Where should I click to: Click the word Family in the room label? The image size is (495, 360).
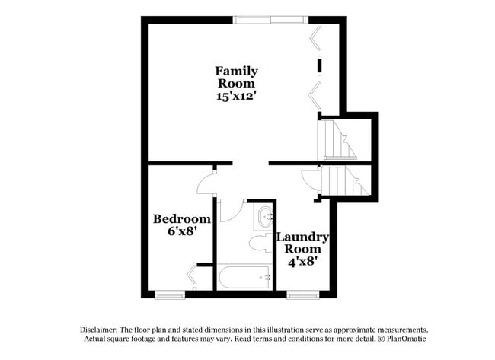pos(236,72)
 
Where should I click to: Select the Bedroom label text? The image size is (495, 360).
pos(181,219)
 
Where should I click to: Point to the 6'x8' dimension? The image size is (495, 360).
pos(182,232)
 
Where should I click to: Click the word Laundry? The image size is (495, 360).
pos(302,237)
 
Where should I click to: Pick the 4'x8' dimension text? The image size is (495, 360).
pos(302,260)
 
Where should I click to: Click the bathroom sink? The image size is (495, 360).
pos(264,216)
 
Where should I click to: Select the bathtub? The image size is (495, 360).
pos(244,277)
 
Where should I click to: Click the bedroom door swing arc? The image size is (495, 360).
pos(206,184)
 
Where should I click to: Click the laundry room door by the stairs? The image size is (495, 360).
pos(311,181)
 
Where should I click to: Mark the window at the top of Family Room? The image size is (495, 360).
pos(271,20)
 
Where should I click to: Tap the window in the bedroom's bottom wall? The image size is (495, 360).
pos(169,295)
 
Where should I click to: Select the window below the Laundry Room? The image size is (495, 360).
pos(302,295)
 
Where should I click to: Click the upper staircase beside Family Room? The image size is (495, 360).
pos(337,139)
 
